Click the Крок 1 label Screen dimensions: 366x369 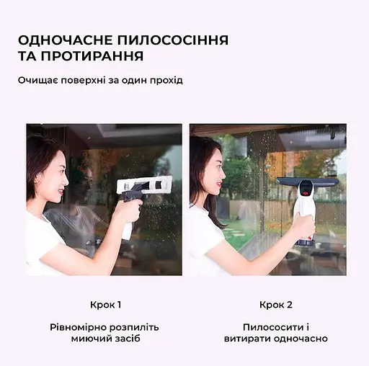point(105,305)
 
